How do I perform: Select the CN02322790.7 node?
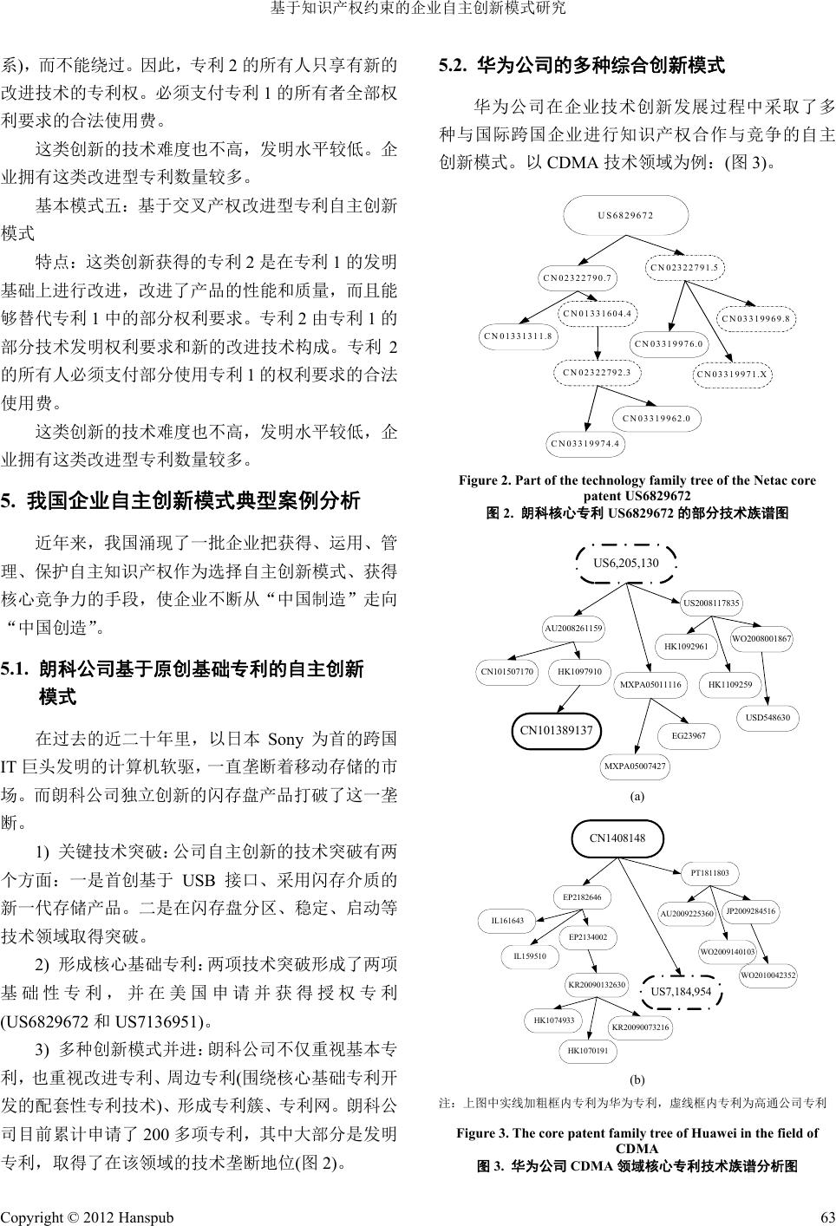coord(578,278)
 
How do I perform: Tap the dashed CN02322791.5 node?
coord(685,268)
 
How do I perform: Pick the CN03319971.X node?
coord(734,375)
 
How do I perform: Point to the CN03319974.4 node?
coord(585,444)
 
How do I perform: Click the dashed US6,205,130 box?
coord(625,564)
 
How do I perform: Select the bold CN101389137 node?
coord(556,730)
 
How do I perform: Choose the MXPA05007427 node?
coord(636,766)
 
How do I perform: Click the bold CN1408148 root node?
coord(617,838)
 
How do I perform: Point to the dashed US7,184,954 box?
coord(681,992)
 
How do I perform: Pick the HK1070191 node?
coord(587,1051)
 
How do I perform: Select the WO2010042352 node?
coord(768,975)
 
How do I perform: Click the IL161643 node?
coord(507,920)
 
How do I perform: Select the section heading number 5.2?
coord(454,65)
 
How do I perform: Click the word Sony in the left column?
coord(285,740)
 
